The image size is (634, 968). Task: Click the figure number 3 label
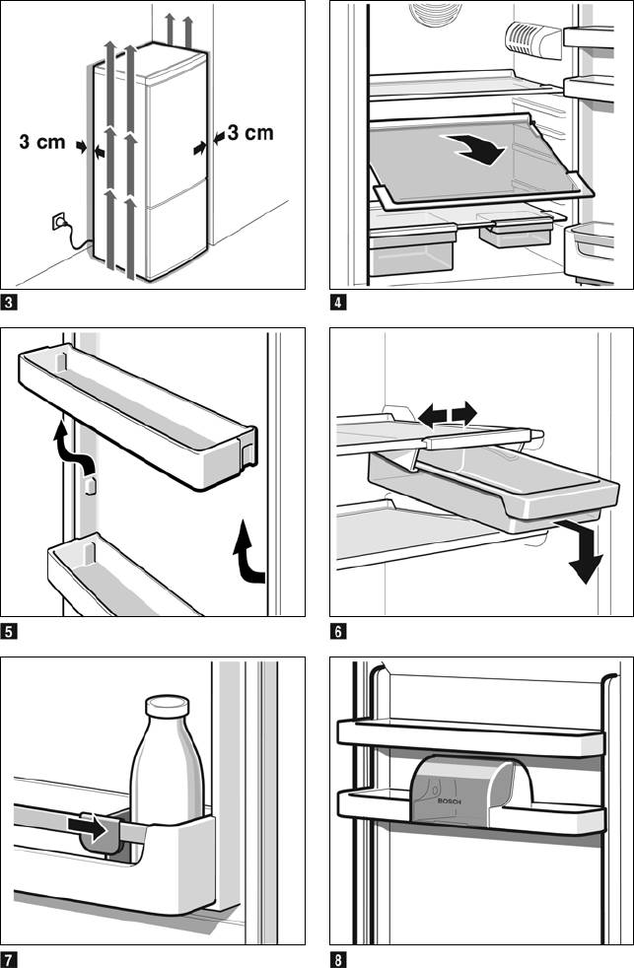coord(10,303)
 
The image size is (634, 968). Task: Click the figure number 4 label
coord(338,303)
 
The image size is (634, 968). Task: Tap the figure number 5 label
coord(10,631)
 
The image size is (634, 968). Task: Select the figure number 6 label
coord(338,631)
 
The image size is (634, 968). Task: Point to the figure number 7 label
coord(10,958)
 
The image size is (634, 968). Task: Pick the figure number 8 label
coord(338,958)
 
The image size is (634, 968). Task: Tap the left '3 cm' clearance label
coord(42,142)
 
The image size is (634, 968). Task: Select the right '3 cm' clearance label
coord(249,133)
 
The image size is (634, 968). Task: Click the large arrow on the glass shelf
coord(476,149)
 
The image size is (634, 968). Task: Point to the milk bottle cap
coord(167,706)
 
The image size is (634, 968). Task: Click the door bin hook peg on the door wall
coord(90,486)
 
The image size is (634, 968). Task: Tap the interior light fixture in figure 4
coord(532,37)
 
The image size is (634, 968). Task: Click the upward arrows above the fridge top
coord(178,28)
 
